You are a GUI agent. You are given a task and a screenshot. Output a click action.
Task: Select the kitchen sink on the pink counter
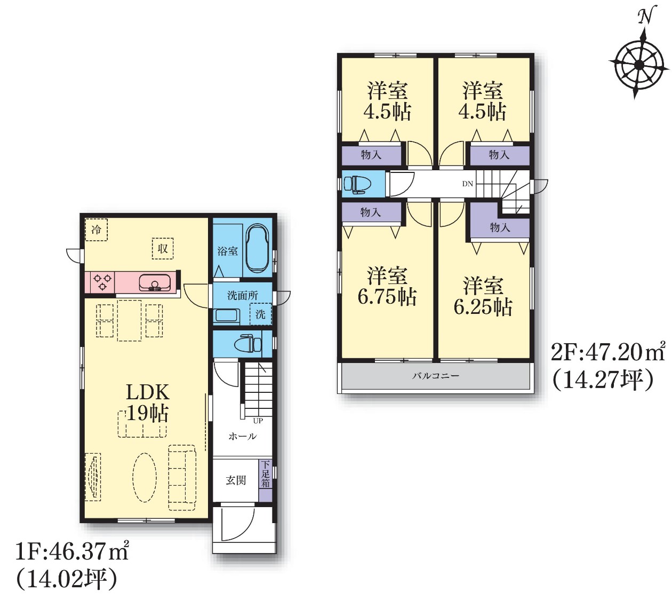(155, 282)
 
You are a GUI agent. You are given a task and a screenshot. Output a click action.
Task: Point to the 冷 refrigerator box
(96, 230)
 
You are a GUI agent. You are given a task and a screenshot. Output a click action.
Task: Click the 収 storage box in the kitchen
(163, 249)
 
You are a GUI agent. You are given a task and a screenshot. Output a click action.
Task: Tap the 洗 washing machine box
(260, 314)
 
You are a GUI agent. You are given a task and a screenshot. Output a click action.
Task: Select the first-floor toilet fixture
(248, 343)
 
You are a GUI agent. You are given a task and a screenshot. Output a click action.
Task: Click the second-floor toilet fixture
(357, 184)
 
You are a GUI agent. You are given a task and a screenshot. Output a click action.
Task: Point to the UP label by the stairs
(258, 421)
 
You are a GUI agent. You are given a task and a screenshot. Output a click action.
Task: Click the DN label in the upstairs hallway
(468, 184)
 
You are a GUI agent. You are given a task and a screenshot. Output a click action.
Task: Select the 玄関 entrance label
(236, 480)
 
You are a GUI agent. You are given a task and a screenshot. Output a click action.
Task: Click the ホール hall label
(243, 436)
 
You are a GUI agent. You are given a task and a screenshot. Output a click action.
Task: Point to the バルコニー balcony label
(436, 375)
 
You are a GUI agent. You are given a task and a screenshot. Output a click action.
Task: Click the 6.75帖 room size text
(387, 296)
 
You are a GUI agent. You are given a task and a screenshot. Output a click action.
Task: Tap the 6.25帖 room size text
(483, 306)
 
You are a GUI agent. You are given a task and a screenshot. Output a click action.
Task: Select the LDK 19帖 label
(147, 402)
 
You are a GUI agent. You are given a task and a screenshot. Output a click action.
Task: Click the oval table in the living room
(145, 477)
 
